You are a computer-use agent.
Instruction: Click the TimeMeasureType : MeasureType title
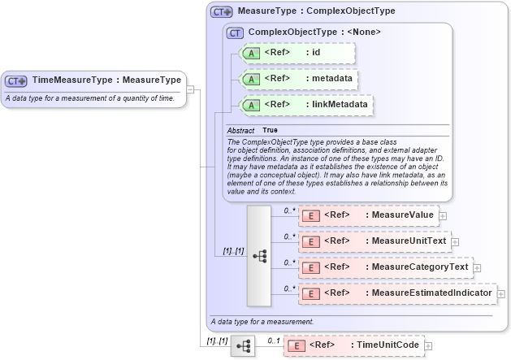(x=106, y=80)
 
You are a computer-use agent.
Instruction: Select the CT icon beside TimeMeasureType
(x=16, y=80)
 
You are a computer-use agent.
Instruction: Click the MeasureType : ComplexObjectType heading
(x=316, y=12)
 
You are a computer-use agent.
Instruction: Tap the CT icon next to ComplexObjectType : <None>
(x=236, y=33)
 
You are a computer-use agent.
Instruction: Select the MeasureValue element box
(x=369, y=215)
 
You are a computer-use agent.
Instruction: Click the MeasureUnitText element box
(x=374, y=241)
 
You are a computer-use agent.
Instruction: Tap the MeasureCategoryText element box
(x=385, y=267)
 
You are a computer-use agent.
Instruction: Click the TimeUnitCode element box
(x=353, y=345)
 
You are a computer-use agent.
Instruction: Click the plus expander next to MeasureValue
(x=444, y=215)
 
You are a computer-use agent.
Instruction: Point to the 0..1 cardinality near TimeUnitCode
(x=273, y=340)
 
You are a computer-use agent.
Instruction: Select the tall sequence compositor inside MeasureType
(x=259, y=255)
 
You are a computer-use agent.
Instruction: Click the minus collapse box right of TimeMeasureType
(x=189, y=89)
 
